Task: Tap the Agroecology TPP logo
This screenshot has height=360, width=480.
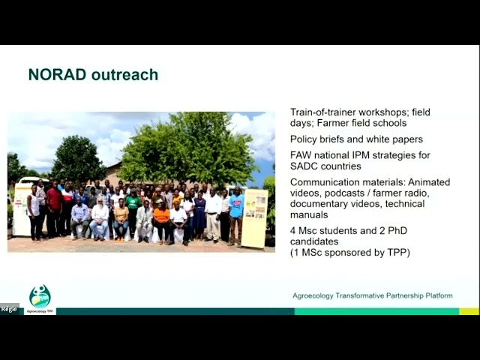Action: point(40,298)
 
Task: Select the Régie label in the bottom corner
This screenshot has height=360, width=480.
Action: point(9,309)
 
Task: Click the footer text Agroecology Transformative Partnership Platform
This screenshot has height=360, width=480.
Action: point(372,295)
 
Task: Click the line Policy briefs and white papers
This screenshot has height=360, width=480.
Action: point(356,139)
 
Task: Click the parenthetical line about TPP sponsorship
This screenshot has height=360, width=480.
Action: point(350,253)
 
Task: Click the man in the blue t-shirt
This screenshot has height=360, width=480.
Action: point(236,210)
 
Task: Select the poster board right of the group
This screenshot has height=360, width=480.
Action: point(254,217)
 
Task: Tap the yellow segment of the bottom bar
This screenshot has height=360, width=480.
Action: point(469,311)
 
